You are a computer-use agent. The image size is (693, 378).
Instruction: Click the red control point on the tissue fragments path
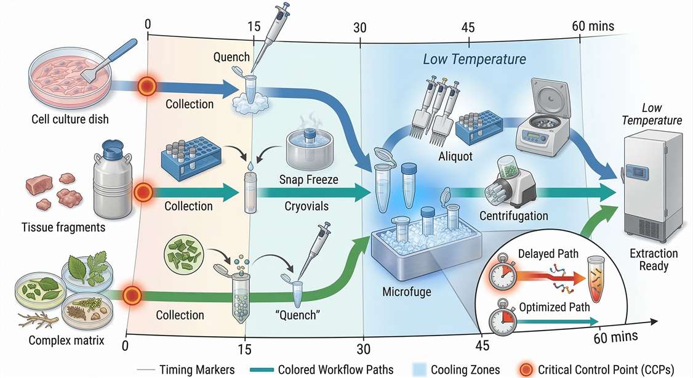(x=143, y=191)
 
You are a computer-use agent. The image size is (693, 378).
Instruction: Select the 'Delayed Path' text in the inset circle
(x=545, y=254)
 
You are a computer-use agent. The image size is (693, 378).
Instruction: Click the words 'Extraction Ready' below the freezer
(x=653, y=260)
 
